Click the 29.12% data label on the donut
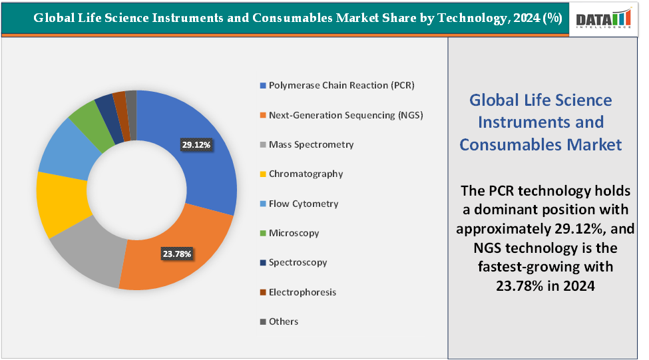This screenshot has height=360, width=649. coord(196,144)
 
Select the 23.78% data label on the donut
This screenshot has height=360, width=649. coord(176,254)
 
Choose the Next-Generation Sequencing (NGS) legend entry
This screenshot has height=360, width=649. coord(345,115)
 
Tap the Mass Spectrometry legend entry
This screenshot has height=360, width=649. coord(311,144)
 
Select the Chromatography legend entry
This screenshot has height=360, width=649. coord(306,174)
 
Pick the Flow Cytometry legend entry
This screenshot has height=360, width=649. coord(304,204)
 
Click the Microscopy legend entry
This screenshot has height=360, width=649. coord(294,233)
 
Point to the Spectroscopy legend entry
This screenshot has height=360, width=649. coord(298,262)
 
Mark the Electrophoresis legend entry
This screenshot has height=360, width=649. coord(302,292)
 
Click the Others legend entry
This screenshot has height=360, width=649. coord(284,321)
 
